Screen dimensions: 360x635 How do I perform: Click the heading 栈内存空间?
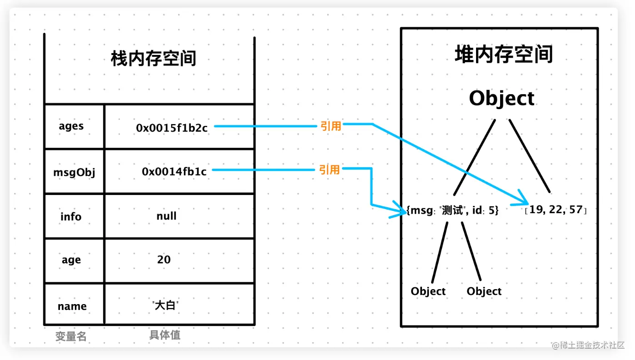point(153,59)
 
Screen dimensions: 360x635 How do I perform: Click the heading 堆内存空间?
point(503,55)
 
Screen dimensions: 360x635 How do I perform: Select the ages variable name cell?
point(71,126)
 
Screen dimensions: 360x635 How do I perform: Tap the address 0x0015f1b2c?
point(172,128)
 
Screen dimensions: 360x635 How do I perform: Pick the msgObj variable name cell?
point(74,172)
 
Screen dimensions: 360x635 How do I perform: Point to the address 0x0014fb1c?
point(174,172)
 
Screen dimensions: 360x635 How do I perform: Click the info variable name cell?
point(71,216)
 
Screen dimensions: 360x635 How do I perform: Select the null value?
point(166,216)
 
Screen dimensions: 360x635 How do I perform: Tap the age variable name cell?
point(71,260)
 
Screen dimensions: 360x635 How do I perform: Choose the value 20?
point(164,260)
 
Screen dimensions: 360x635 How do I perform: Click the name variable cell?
point(72,306)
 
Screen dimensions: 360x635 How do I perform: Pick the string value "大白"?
point(165,305)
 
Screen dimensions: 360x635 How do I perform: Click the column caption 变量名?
point(71,336)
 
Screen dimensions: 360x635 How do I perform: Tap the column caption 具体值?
point(165,335)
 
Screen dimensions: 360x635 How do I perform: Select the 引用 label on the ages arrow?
point(330,126)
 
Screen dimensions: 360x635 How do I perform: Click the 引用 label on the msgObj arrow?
point(329,170)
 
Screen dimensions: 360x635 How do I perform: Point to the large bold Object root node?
point(501,99)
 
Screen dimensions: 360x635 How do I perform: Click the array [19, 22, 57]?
point(556,210)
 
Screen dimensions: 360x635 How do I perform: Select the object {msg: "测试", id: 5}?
point(452,210)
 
